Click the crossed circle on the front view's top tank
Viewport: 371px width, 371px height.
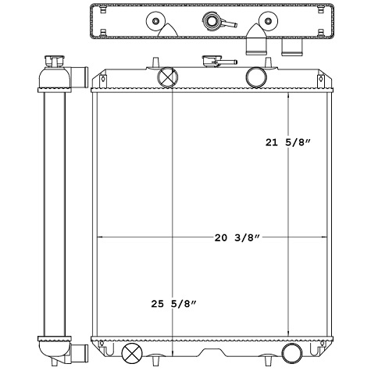[x=168, y=77]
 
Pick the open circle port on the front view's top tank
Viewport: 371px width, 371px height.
[x=255, y=77]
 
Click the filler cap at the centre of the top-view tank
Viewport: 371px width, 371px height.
[x=210, y=21]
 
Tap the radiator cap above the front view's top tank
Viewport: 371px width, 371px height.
[x=210, y=60]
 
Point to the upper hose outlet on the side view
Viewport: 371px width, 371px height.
[x=79, y=76]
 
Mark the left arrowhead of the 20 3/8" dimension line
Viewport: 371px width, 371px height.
[x=97, y=236]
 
